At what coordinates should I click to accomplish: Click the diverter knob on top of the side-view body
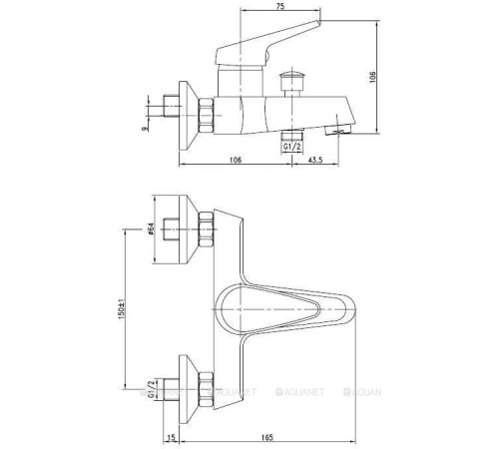coord(292,78)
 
